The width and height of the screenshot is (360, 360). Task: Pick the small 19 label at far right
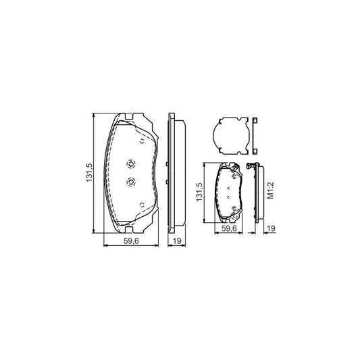(269, 228)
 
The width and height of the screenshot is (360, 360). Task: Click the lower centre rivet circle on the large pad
(131, 181)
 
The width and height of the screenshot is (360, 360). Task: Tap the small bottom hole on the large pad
(140, 205)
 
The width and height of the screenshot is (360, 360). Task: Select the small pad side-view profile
(257, 192)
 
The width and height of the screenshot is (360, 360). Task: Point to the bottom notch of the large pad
(132, 226)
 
